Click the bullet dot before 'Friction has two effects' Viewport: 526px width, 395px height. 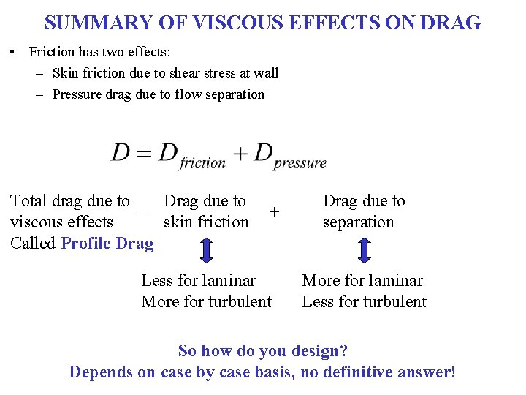(x=14, y=52)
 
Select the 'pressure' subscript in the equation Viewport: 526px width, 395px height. (x=300, y=163)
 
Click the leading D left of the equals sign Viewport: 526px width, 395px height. (x=120, y=153)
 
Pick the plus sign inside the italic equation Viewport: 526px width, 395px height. (x=240, y=154)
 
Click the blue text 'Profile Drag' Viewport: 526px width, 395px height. (x=107, y=244)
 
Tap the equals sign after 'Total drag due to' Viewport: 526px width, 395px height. (x=145, y=212)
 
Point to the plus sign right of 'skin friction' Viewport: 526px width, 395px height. (x=274, y=211)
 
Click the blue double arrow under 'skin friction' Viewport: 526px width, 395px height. (x=207, y=250)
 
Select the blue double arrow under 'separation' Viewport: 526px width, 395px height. (x=365, y=250)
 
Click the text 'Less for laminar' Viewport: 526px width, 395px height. (x=198, y=281)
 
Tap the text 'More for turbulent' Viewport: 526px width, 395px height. (x=206, y=302)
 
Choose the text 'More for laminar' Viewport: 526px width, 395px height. (x=362, y=281)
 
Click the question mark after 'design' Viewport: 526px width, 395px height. (x=343, y=351)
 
